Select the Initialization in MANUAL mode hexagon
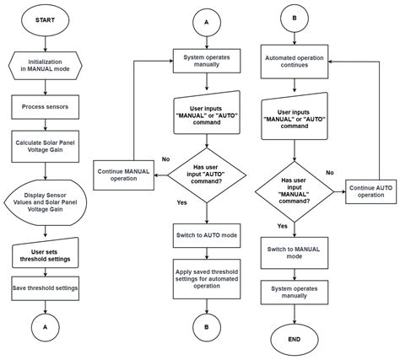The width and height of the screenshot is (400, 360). [45, 66]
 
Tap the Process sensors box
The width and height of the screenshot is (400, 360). [45, 107]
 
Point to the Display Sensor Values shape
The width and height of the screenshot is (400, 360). [45, 202]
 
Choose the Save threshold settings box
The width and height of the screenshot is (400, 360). [45, 288]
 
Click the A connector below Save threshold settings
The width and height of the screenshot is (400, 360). [45, 327]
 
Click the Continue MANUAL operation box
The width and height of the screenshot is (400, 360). [123, 175]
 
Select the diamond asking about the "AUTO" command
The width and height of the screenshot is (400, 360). [207, 175]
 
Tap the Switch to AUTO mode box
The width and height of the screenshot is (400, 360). [207, 235]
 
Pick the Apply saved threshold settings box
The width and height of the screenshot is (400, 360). [207, 279]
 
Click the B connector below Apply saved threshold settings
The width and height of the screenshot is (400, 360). [207, 327]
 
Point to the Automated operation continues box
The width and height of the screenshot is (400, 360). [295, 62]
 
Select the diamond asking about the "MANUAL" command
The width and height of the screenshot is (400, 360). [295, 192]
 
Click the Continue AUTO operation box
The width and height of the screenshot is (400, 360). [371, 191]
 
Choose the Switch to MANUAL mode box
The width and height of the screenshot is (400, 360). [295, 253]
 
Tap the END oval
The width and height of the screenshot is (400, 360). [295, 340]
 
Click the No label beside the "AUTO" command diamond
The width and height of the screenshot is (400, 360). [165, 159]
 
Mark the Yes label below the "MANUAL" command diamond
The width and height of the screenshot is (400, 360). [283, 226]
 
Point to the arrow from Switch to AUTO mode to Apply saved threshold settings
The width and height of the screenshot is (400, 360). [207, 254]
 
